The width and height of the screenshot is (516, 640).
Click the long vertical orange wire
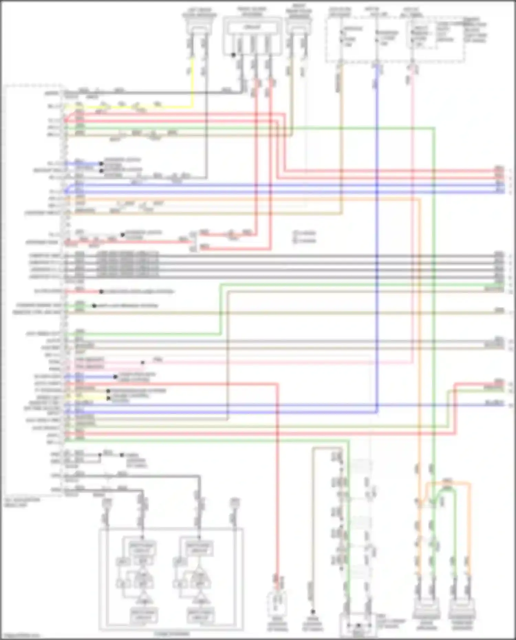[419, 344]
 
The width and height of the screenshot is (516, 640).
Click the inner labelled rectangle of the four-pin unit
[252, 27]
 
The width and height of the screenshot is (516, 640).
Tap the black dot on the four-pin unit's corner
[233, 55]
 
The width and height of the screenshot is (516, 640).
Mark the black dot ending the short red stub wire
[101, 292]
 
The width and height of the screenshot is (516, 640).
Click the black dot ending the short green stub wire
[94, 306]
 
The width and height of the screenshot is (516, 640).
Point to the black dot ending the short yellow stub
[108, 398]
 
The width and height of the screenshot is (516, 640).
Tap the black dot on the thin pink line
[142, 362]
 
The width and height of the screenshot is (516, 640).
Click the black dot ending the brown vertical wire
[313, 612]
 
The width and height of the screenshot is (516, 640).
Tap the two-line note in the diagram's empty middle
[305, 237]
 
